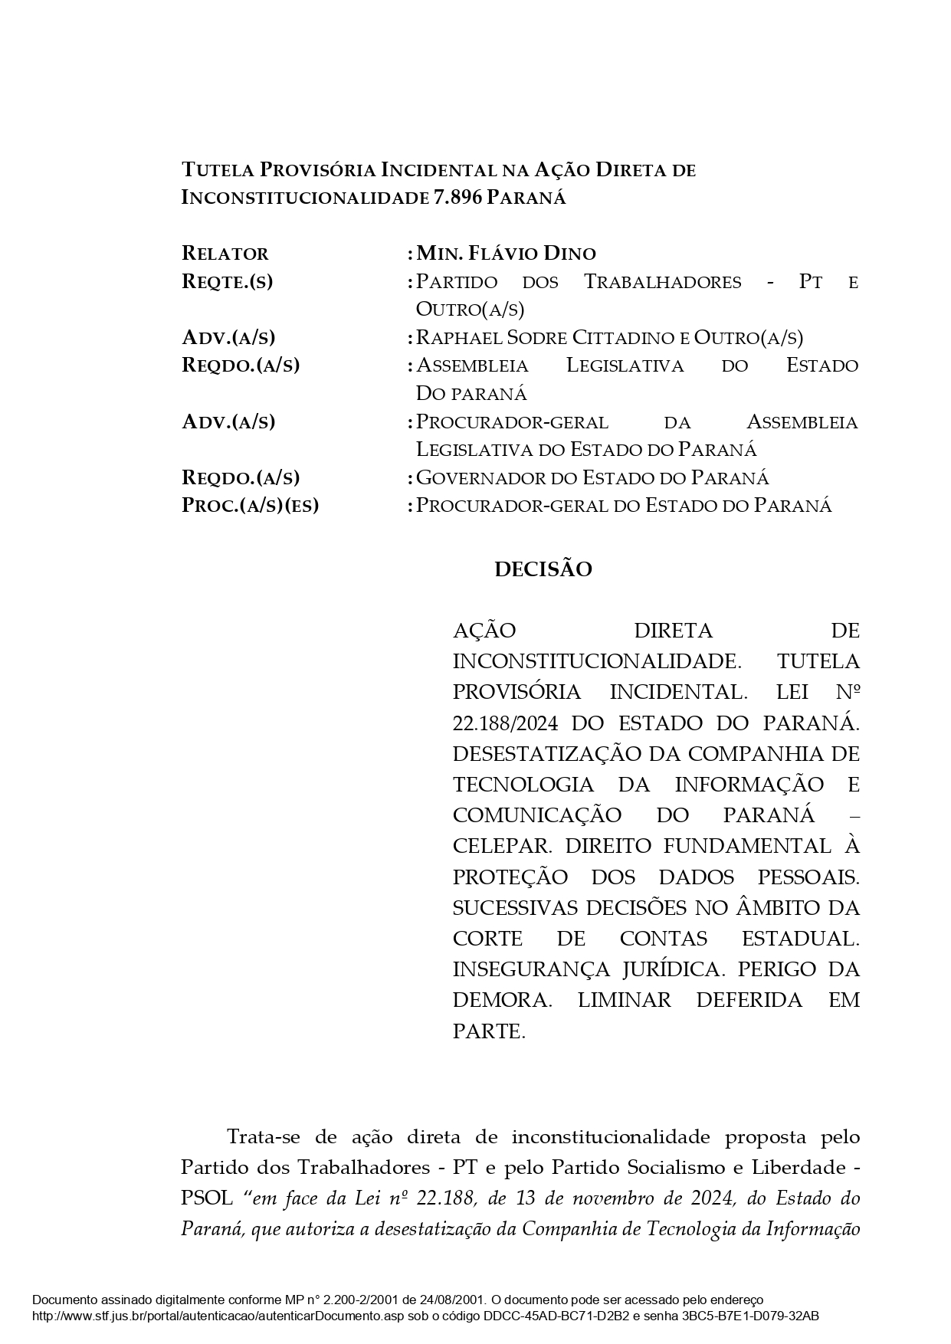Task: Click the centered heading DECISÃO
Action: pos(543,570)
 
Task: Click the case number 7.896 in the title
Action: pos(457,198)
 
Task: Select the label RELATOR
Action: pos(225,254)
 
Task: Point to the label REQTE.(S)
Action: pos(228,281)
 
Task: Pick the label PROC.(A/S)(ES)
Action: pos(250,506)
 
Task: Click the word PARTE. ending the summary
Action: pos(489,1031)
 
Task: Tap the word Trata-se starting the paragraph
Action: pos(271,1136)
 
